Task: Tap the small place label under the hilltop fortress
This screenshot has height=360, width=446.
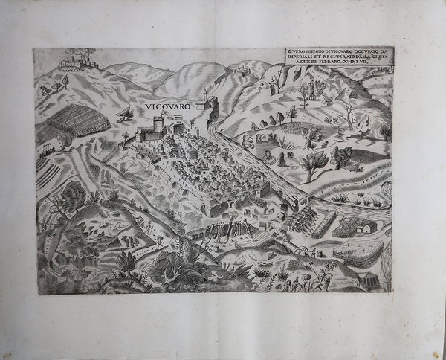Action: click(x=72, y=71)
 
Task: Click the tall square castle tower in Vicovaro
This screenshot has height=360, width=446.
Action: click(x=158, y=123)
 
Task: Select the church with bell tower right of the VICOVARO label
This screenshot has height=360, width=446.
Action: click(x=206, y=100)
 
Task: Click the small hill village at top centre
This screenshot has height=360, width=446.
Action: click(x=239, y=71)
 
